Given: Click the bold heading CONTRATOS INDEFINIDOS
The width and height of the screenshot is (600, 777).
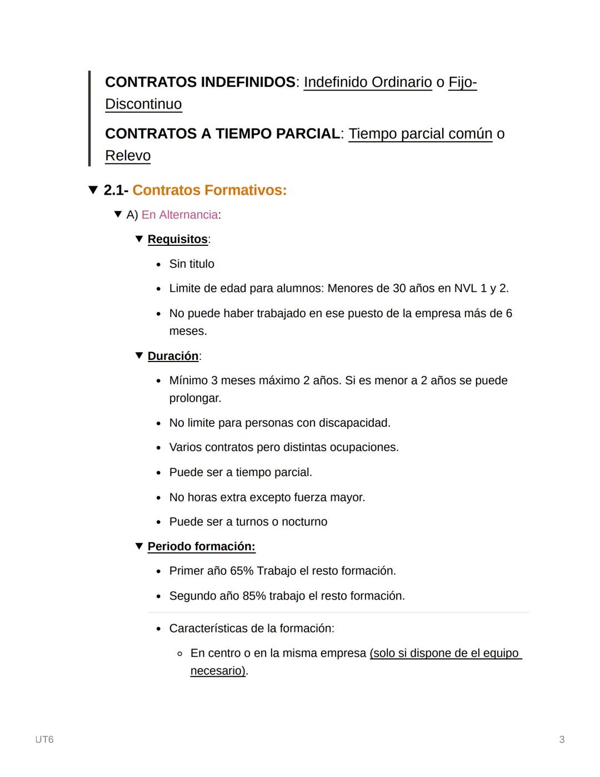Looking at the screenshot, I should pyautogui.click(x=200, y=82).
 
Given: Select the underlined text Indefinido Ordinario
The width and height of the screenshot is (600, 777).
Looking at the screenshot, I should pyautogui.click(x=367, y=82).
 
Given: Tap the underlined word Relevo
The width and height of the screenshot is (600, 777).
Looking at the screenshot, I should pyautogui.click(x=128, y=156).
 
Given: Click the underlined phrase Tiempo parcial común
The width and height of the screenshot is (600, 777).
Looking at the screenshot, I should pyautogui.click(x=420, y=134).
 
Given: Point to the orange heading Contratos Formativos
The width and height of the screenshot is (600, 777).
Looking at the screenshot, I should pyautogui.click(x=209, y=190).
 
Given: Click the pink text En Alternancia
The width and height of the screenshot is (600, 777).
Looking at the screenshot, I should pyautogui.click(x=179, y=215).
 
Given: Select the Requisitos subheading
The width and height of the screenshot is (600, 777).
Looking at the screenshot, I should pyautogui.click(x=177, y=239).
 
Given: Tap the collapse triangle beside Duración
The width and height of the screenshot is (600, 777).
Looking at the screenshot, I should pyautogui.click(x=139, y=355).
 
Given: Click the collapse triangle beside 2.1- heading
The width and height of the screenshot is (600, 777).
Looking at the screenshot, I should pyautogui.click(x=93, y=190).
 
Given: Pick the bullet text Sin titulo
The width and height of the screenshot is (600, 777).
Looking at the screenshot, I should pyautogui.click(x=192, y=264).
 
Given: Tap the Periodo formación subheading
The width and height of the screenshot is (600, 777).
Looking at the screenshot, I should pyautogui.click(x=201, y=547).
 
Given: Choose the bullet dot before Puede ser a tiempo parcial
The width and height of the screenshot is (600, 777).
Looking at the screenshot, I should pyautogui.click(x=159, y=473).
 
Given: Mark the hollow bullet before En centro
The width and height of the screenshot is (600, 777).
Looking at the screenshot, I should pyautogui.click(x=179, y=654).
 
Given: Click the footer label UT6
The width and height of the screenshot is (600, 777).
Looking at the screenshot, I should pyautogui.click(x=44, y=740).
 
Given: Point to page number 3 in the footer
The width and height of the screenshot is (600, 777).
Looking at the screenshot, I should pyautogui.click(x=562, y=740).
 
